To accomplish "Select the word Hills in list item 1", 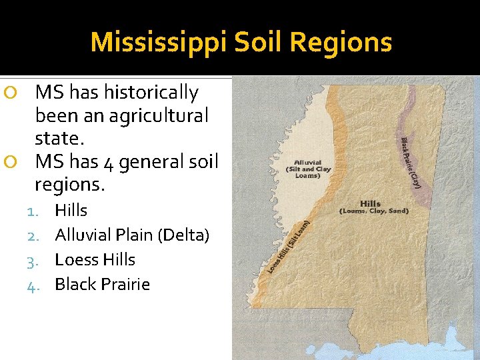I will [x=71, y=210].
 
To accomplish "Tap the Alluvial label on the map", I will [x=308, y=161].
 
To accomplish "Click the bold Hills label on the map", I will [x=371, y=203].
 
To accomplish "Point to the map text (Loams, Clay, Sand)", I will [x=374, y=211].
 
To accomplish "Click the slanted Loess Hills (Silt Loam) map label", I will [x=289, y=247].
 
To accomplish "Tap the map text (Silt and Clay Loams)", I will [x=309, y=172].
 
